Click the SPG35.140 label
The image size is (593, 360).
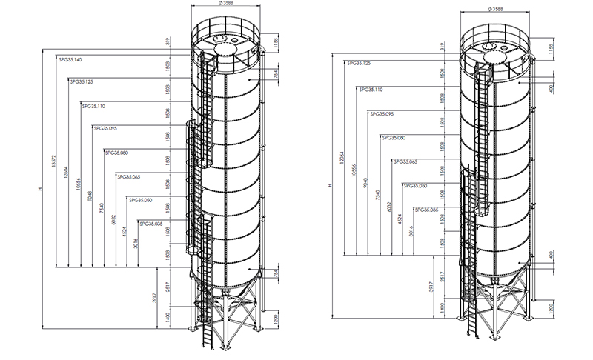point(70,59)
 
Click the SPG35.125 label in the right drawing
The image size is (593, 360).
point(359,63)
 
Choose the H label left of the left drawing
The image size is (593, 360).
point(42,191)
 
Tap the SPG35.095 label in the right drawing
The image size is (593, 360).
point(382,114)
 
